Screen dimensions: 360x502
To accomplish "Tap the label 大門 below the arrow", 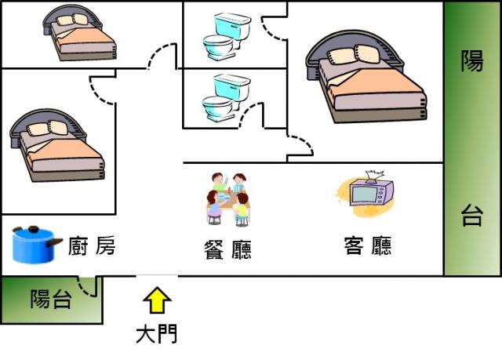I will tap(157, 334).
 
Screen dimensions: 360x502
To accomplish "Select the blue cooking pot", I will tap(35, 243).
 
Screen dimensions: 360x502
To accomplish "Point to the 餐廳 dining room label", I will tap(227, 249).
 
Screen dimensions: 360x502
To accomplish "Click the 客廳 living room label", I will tap(367, 245).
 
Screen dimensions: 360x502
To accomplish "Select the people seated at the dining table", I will tap(227, 198).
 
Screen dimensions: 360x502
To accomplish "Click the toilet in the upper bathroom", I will tap(226, 36).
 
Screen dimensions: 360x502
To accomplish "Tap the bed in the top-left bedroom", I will tap(78, 35).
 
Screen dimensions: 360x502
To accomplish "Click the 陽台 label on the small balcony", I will tap(50, 299).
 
